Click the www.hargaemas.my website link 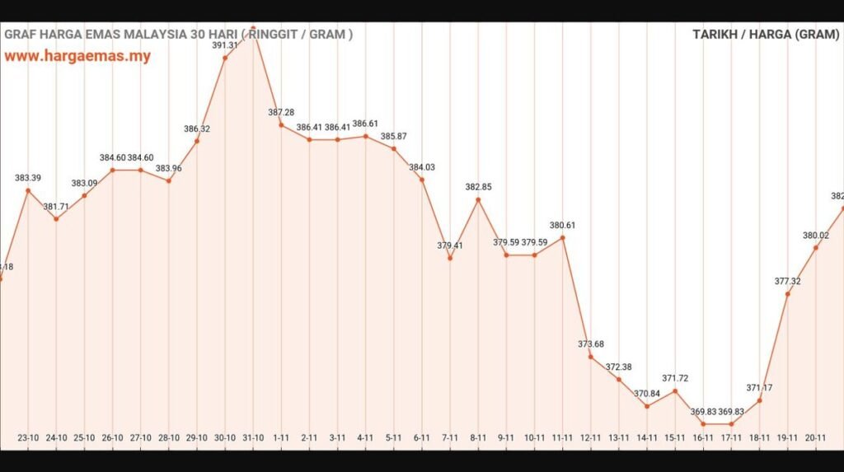pos(77,57)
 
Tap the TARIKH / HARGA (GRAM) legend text pos(764,35)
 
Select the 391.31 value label pos(225,45)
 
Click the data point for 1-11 pos(281,125)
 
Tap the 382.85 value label pos(478,187)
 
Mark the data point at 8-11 pos(478,199)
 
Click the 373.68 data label pos(590,343)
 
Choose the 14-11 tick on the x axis pos(647,438)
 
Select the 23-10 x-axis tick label pos(29,438)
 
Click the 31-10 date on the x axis pos(253,438)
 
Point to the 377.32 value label pos(788,281)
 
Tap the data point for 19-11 pos(788,293)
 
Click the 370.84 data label pos(647,394)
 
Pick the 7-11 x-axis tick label pos(450,438)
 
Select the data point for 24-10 pos(56,218)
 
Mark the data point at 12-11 pos(590,357)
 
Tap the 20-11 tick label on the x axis pos(816,438)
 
